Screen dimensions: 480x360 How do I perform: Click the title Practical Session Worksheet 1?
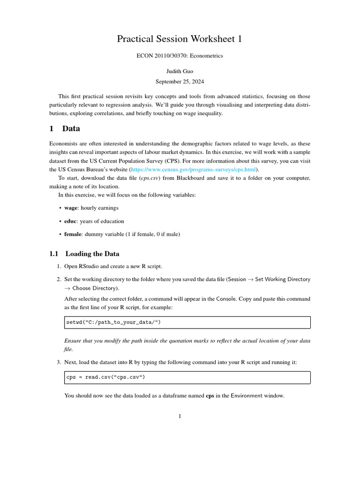(x=180, y=39)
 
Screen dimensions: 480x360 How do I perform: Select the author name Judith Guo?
(x=180, y=71)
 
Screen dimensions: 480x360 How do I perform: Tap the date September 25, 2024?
(x=180, y=81)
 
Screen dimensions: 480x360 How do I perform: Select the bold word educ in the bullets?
(x=71, y=221)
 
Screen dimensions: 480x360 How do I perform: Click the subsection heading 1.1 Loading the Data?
(x=84, y=254)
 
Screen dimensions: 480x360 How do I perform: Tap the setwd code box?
(x=187, y=322)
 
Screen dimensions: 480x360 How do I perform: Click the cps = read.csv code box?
(x=187, y=378)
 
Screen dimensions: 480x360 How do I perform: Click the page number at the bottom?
(x=180, y=416)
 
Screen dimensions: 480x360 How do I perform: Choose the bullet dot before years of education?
(x=60, y=221)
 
